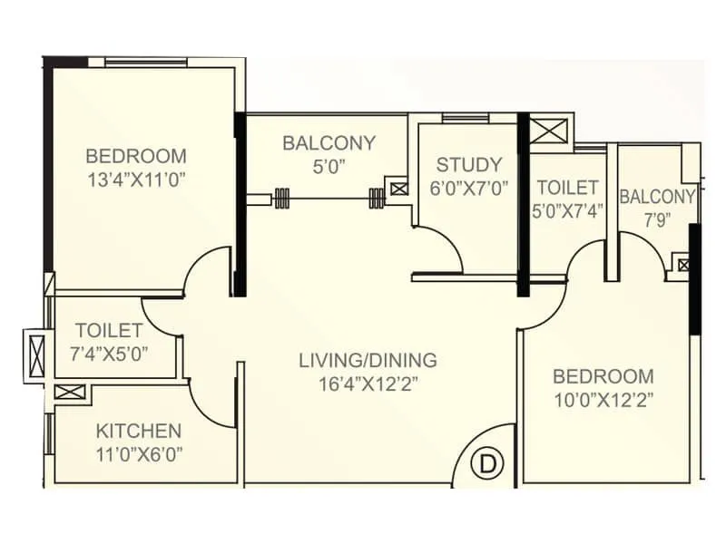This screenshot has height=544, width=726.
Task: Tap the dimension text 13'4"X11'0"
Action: pos(136,180)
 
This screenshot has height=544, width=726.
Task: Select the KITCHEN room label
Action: pos(139,431)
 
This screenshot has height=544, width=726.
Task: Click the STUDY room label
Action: pos(468,164)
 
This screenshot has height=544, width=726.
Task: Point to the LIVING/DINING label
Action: pos(368,360)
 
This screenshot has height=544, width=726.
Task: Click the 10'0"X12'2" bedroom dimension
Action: pos(603,399)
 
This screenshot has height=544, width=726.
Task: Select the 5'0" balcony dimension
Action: pos(329,166)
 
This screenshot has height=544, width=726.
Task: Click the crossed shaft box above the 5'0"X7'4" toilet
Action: pos(550,130)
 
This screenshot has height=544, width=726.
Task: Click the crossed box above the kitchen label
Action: pos(69,393)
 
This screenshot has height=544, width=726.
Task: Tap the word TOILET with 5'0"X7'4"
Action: pos(567,188)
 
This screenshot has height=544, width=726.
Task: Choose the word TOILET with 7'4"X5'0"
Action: pos(109,331)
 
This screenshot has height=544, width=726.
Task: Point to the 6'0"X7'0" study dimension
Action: pos(468,189)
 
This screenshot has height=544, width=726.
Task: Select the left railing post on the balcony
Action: pos(282,199)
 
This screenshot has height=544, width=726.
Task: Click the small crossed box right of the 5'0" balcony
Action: pos(398,189)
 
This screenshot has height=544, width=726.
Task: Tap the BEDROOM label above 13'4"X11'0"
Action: pos(136,155)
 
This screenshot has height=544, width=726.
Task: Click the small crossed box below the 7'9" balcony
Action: pos(683,266)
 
